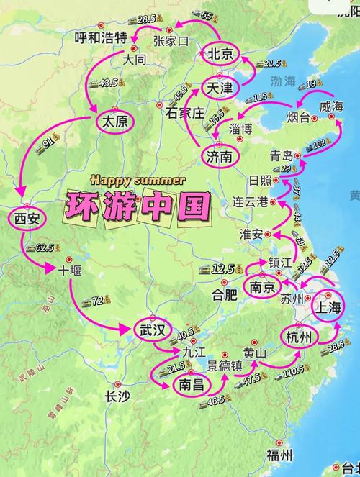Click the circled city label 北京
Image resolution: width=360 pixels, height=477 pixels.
coord(220,54)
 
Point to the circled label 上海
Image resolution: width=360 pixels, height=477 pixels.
coord(330,306)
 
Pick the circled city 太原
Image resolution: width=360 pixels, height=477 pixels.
coord(114,122)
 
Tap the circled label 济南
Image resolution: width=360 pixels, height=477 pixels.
coord(218,156)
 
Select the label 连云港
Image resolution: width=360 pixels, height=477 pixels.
coord(251,201)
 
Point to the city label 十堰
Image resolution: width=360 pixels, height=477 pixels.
coord(71,271)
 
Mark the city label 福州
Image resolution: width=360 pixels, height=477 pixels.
coord(279,455)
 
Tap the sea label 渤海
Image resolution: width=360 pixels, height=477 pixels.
coord(284,81)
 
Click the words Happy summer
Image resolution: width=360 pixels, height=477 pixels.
coord(138,180)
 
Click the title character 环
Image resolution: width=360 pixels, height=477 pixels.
coord(84,207)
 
